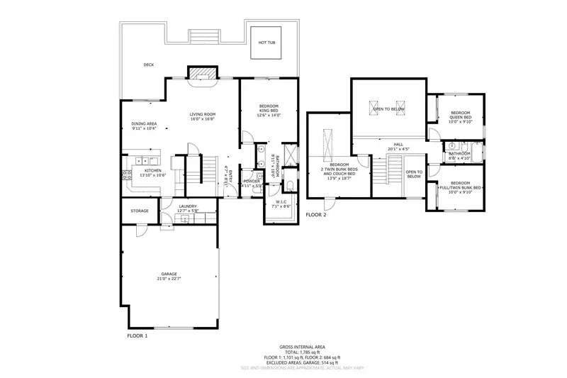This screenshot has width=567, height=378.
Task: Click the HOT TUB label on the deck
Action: click(x=267, y=42)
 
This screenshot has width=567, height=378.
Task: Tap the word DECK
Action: click(x=149, y=65)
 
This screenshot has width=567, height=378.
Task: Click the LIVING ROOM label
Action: click(x=202, y=114)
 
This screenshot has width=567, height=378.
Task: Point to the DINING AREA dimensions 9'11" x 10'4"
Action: click(x=143, y=128)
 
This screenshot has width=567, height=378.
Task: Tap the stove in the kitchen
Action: click(x=128, y=175)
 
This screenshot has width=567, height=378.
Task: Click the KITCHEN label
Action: click(x=153, y=170)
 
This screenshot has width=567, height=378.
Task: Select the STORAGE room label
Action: click(x=139, y=211)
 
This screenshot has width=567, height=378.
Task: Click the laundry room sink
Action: click(x=185, y=219)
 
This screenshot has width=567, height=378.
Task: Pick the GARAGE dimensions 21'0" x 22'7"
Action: click(x=169, y=279)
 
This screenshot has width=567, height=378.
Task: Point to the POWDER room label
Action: click(x=252, y=182)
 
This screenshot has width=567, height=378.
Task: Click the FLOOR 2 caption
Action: click(x=316, y=214)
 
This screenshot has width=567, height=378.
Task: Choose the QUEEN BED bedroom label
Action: click(x=461, y=117)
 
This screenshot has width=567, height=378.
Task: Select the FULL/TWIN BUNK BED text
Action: click(x=461, y=187)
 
